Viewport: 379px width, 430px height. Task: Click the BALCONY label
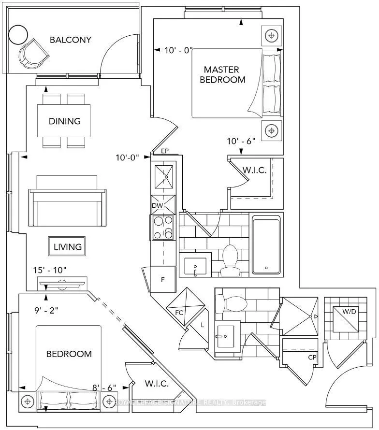(71, 40)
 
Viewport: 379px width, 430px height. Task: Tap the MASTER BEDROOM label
(224, 74)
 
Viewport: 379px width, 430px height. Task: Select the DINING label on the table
(64, 121)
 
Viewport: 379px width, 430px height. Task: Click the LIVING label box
(67, 247)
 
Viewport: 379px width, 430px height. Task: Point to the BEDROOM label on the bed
(69, 354)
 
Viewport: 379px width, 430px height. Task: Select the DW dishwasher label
(156, 206)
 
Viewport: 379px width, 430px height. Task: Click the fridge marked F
(163, 279)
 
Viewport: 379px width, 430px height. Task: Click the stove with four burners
(163, 227)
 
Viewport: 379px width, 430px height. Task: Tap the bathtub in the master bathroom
(265, 244)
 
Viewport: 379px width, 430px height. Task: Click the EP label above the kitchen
(165, 151)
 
